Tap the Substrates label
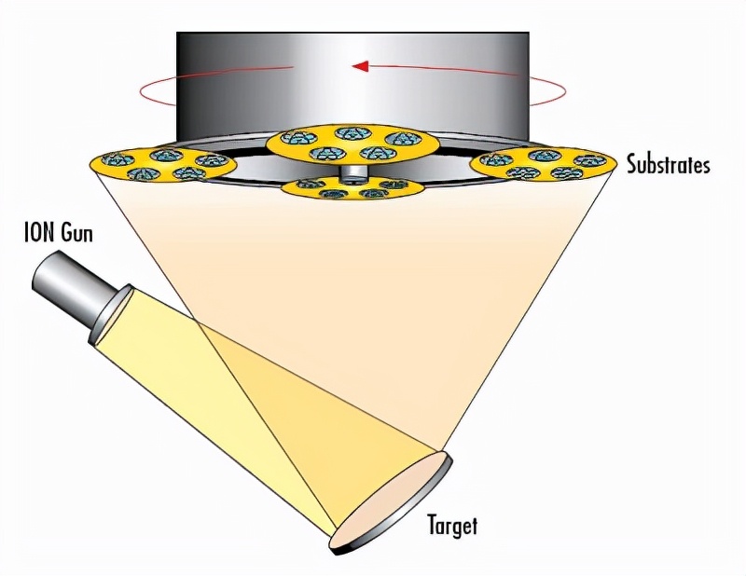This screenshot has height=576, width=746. coord(668,165)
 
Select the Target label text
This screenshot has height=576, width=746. coord(452,525)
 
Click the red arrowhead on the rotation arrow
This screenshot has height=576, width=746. coord(360,66)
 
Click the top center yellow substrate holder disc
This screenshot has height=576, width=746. coord(352,143)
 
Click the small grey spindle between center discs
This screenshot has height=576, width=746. coord(352,172)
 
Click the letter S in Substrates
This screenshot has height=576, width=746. coord(631,165)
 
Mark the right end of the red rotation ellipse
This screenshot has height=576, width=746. coord(563,91)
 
